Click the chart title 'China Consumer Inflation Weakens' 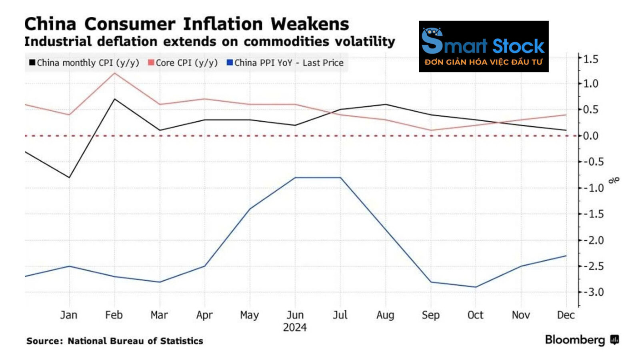coord(186,24)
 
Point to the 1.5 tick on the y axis coord(590,59)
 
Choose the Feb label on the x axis coord(114,315)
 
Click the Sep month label coord(430,315)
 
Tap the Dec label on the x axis coord(566,315)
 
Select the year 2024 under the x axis coord(295,328)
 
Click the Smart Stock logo coord(484,46)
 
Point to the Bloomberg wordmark coord(575,340)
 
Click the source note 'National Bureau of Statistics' coord(135,341)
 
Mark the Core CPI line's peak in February coord(115,73)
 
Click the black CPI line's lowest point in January coord(70,177)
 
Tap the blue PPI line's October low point coord(476,287)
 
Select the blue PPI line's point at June coord(295,178)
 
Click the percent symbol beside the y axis coord(614,180)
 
